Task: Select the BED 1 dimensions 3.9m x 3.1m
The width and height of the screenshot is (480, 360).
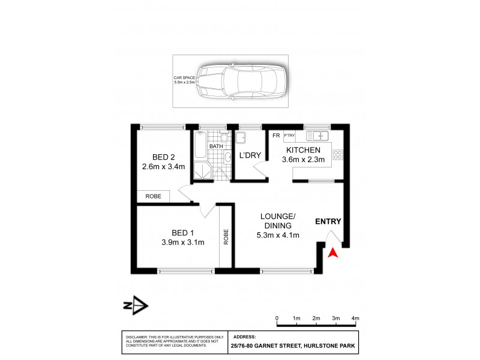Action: (183, 242)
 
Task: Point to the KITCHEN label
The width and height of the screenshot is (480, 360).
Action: (303, 150)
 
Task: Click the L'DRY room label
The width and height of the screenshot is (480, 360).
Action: (250, 156)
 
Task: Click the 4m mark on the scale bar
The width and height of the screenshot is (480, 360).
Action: (355, 318)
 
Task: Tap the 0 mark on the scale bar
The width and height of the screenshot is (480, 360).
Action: (277, 318)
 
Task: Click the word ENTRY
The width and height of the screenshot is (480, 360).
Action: (328, 221)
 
